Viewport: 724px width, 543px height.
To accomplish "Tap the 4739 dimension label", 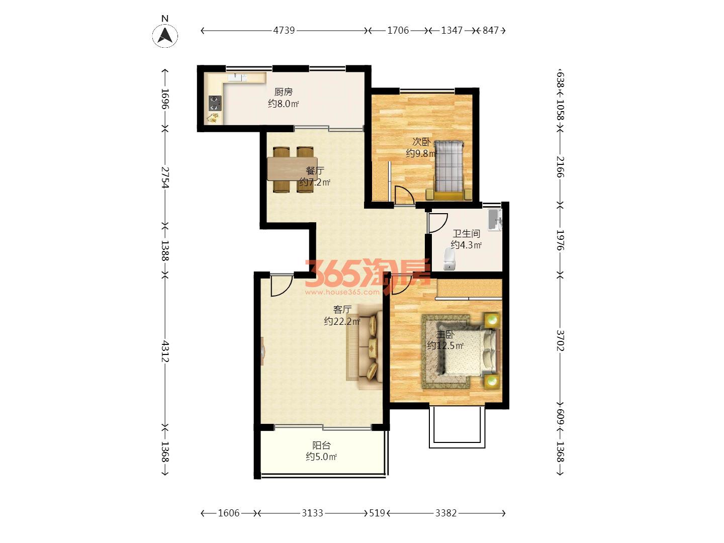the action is click(x=284, y=30).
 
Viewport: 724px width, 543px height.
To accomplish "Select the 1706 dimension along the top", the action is click(x=398, y=30).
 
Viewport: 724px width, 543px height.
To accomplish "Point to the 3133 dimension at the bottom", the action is click(x=312, y=513).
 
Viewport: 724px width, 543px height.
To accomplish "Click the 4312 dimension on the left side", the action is click(x=165, y=351).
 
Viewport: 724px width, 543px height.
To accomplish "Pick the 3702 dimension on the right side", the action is click(x=560, y=340).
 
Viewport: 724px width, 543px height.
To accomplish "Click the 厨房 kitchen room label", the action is click(x=284, y=92).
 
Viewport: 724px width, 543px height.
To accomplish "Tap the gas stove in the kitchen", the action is click(x=215, y=103).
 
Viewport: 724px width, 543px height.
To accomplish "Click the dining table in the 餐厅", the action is click(x=292, y=169).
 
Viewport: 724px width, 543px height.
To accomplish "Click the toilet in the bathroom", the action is click(x=449, y=259).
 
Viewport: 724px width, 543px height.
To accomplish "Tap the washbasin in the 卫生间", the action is click(x=495, y=220).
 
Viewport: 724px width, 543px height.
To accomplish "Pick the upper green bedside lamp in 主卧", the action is click(x=492, y=319).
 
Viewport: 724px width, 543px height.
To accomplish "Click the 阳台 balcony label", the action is click(x=321, y=445).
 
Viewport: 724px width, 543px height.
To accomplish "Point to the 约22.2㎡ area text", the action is click(x=342, y=321).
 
